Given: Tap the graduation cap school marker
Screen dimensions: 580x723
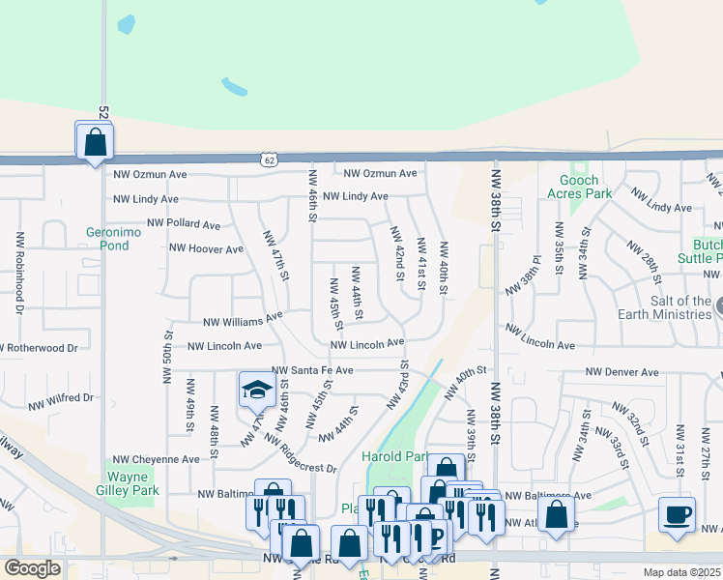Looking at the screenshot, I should pos(257,391).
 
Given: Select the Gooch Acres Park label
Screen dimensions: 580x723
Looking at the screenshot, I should pos(586,187).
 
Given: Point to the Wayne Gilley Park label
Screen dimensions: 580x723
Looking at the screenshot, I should pos(134,483).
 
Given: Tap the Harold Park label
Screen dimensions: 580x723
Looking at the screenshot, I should pos(394,456).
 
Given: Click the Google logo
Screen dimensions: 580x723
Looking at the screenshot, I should pos(32,568).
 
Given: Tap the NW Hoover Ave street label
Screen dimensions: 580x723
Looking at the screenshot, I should pos(206,248).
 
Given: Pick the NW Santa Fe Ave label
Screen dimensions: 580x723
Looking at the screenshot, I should pos(312,370).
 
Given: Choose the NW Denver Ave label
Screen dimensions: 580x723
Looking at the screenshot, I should pos(622,372).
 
